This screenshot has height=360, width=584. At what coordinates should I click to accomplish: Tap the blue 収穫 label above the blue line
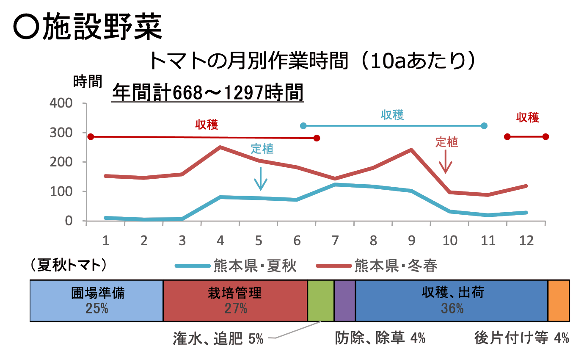[392, 115]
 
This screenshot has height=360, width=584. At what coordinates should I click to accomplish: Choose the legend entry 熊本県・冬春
[377, 266]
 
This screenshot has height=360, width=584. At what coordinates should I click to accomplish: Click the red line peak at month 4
[220, 147]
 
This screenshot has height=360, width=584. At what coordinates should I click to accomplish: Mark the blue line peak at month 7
[335, 185]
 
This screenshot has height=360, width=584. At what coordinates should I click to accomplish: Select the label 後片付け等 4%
[521, 338]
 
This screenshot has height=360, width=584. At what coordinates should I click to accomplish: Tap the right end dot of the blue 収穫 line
[484, 126]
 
